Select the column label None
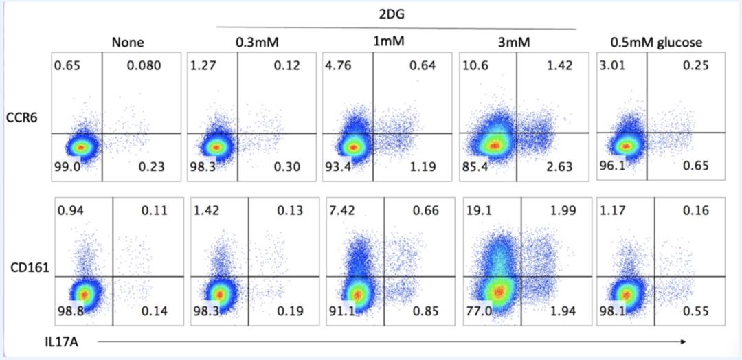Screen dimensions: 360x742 128,43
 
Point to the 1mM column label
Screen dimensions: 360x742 388,41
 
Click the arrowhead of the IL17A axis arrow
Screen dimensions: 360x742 684,341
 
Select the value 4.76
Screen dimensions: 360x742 338,67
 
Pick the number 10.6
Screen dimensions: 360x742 474,67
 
